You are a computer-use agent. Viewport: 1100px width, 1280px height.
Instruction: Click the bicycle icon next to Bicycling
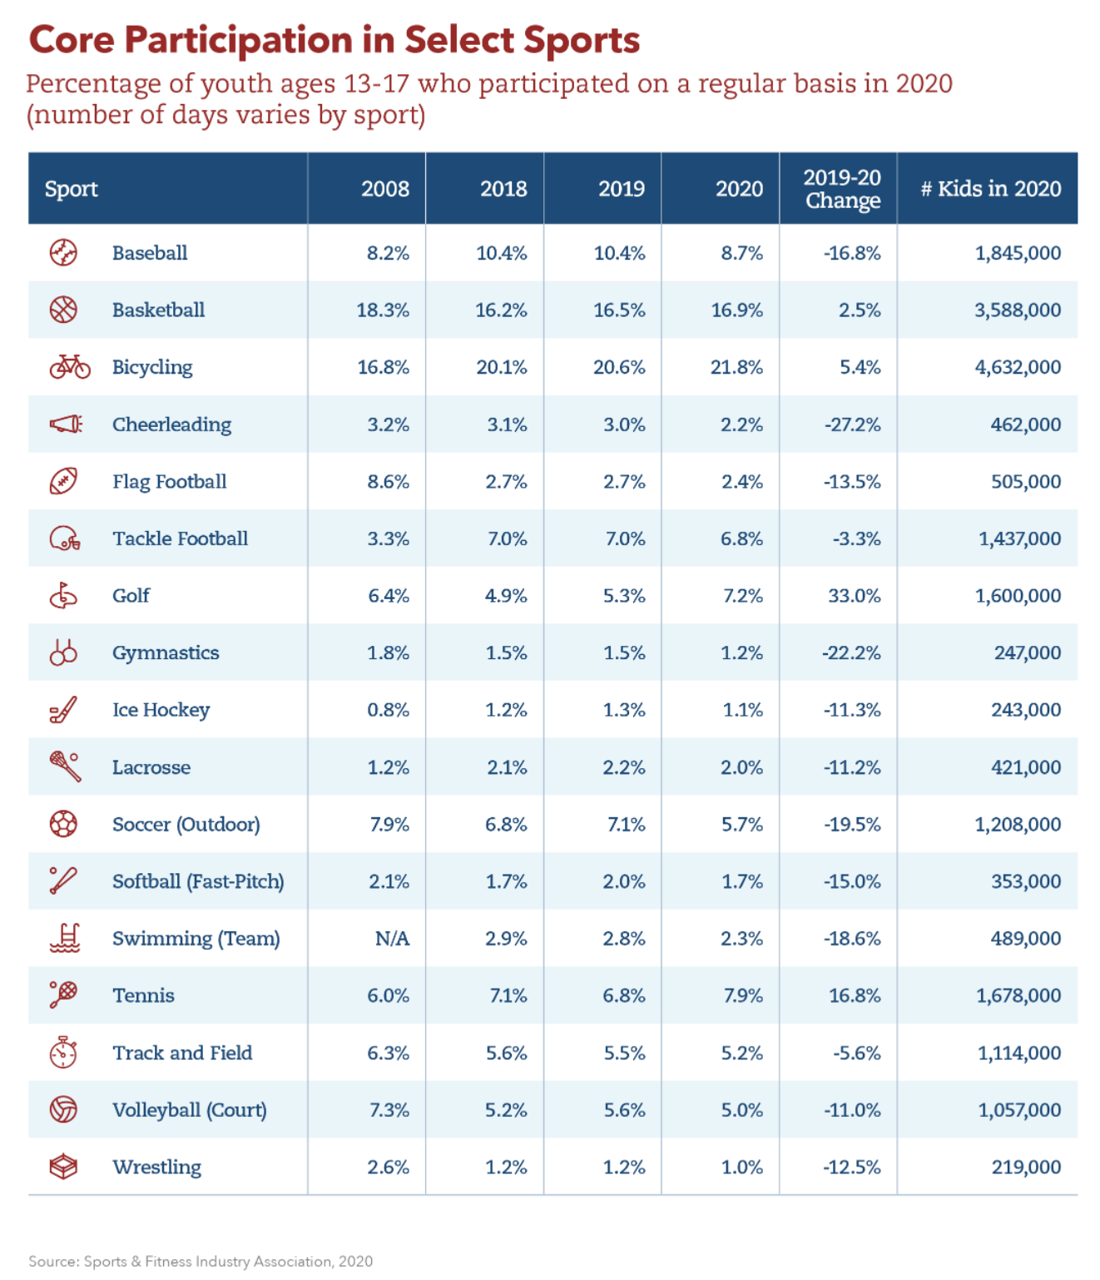coord(69,366)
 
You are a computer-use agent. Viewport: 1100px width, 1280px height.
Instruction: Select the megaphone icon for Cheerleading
coord(66,424)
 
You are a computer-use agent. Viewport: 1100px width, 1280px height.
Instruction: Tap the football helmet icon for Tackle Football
coord(64,538)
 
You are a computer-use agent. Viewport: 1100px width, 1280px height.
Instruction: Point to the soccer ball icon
coord(63,824)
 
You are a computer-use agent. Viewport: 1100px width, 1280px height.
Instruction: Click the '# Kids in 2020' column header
coord(990,188)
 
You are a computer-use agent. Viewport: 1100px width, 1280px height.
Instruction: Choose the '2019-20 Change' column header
coord(842,189)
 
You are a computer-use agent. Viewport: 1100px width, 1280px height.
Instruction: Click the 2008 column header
coord(385,188)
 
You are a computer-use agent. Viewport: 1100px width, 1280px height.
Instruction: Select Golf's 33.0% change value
coord(855,595)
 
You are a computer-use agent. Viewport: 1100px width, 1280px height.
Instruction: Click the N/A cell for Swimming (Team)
coord(393,938)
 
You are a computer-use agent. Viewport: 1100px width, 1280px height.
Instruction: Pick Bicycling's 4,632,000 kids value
coord(1018,366)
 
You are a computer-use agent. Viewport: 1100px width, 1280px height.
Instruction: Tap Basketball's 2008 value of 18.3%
coord(383,310)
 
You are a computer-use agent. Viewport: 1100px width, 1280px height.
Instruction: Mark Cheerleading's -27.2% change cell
coord(852,424)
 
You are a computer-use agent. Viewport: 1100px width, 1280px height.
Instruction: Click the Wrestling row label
coord(156,1167)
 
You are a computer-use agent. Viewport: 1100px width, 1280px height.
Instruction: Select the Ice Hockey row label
coord(161,710)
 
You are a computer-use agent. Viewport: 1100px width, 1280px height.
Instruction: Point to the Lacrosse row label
coord(151,767)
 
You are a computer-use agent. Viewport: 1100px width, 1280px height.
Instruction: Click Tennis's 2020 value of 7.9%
coord(743,995)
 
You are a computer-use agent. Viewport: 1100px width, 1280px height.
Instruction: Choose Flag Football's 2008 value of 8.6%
coord(388,481)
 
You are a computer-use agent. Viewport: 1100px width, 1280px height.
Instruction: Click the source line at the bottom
coord(201,1261)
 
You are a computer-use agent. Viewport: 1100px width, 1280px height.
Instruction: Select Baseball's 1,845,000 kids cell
coord(1018,253)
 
